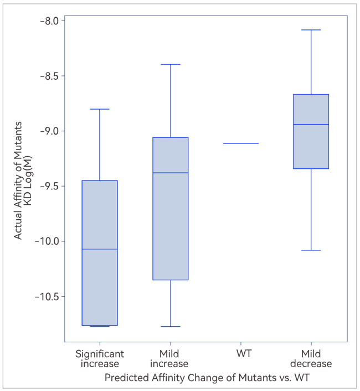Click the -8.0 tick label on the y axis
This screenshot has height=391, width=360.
[52, 21]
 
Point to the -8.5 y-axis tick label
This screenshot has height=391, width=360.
[52, 76]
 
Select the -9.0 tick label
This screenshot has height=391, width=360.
[52, 131]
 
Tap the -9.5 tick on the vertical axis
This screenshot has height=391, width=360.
[52, 186]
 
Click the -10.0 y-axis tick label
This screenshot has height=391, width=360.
[49, 241]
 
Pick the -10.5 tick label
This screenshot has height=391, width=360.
[49, 296]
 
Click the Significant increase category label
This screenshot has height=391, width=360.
[100, 359]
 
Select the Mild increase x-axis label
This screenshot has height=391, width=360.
[170, 359]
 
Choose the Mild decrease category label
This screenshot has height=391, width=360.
[311, 359]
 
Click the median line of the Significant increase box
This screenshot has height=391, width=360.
[100, 249]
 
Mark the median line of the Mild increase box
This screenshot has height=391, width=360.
[170, 173]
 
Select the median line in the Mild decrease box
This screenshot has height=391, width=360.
[311, 125]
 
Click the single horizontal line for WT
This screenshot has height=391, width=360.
[241, 143]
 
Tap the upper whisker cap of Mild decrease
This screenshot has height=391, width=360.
[311, 30]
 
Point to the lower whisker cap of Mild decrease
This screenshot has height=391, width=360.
[311, 250]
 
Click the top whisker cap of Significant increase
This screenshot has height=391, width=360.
[100, 109]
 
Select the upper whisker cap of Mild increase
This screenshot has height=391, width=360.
[170, 65]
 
